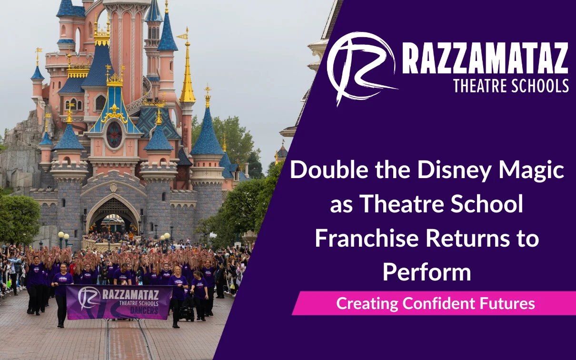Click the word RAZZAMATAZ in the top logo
click(x=485, y=59)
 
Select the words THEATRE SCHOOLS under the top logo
click(x=511, y=86)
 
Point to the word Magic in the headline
click(x=531, y=171)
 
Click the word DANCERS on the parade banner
click(x=144, y=310)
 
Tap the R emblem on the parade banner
click(x=89, y=298)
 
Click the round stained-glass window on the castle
click(x=114, y=135)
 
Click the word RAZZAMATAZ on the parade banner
click(x=130, y=295)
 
